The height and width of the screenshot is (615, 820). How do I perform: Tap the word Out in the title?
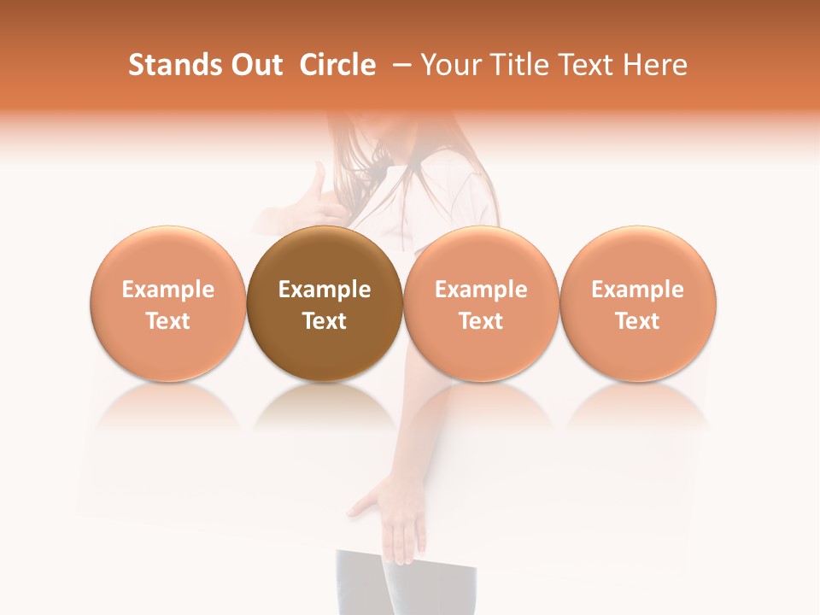click(254, 65)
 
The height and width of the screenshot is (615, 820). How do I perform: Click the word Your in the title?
click(449, 65)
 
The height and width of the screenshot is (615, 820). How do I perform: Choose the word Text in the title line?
click(583, 65)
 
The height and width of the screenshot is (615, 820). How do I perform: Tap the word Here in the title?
click(655, 65)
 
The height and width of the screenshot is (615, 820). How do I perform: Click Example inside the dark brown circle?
click(325, 290)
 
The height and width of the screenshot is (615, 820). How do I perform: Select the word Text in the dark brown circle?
click(325, 321)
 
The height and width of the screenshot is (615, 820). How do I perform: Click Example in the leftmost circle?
click(168, 290)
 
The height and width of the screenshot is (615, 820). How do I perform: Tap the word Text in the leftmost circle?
click(168, 321)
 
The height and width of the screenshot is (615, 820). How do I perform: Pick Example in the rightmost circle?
click(638, 290)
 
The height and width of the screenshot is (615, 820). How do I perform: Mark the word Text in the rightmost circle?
click(638, 321)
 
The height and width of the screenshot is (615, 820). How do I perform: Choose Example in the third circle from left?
click(481, 290)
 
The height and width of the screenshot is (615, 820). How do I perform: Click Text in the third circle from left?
click(481, 321)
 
